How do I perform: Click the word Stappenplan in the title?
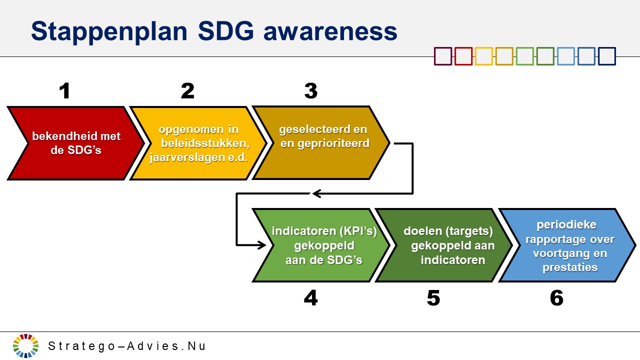pyautogui.click(x=109, y=31)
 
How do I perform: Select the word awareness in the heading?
pyautogui.click(x=330, y=31)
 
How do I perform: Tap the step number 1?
pyautogui.click(x=65, y=91)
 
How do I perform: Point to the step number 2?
pyautogui.click(x=187, y=91)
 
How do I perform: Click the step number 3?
pyautogui.click(x=311, y=91)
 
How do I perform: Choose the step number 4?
pyautogui.click(x=311, y=298)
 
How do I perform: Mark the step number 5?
pyautogui.click(x=433, y=298)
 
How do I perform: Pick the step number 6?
pyautogui.click(x=556, y=298)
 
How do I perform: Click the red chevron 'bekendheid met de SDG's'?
pyautogui.click(x=75, y=143)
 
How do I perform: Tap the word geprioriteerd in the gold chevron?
pyautogui.click(x=333, y=143)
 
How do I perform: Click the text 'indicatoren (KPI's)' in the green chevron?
pyautogui.click(x=324, y=231)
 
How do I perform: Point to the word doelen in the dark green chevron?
pyautogui.click(x=422, y=231)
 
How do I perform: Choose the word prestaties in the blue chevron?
pyautogui.click(x=570, y=267)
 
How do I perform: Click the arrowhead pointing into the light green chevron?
pyautogui.click(x=261, y=245)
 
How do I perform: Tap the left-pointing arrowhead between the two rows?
pyautogui.click(x=316, y=193)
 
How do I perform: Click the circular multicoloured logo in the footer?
pyautogui.click(x=25, y=345)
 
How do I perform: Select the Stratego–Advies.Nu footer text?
pyautogui.click(x=126, y=346)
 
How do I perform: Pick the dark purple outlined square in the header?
pyautogui.click(x=443, y=56)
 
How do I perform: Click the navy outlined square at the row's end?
pyautogui.click(x=607, y=56)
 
